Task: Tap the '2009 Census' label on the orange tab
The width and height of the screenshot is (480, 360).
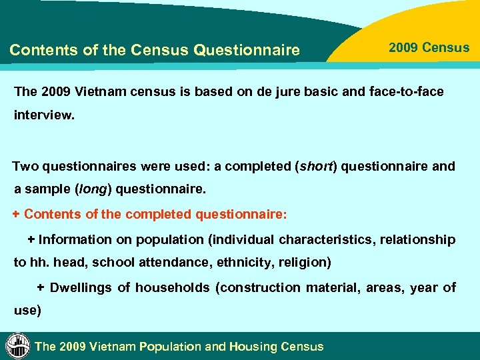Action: tap(429, 48)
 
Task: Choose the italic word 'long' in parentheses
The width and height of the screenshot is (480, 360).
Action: tap(95, 189)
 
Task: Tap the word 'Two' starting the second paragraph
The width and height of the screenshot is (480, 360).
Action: tap(26, 166)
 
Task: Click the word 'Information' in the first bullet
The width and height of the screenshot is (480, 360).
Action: tap(75, 239)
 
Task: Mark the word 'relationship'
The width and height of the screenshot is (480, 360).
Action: tap(417, 239)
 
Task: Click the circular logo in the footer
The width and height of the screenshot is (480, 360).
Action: tap(17, 346)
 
